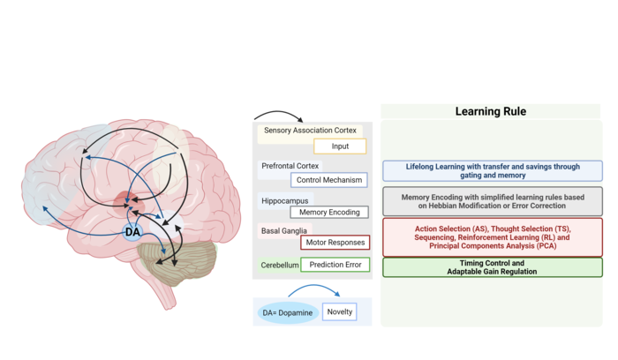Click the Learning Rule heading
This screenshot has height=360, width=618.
(x=490, y=111)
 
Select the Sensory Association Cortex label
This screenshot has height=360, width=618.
(x=310, y=131)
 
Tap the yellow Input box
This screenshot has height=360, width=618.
(x=340, y=146)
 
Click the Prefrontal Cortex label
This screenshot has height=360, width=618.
(x=290, y=166)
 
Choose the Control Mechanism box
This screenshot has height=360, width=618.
(x=329, y=180)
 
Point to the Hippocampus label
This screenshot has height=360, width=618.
(x=285, y=200)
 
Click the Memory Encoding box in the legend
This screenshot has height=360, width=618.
(x=329, y=213)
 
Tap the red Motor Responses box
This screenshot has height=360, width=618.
(x=335, y=243)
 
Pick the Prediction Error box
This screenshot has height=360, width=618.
(x=335, y=265)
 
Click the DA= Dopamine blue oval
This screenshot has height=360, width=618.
(x=288, y=312)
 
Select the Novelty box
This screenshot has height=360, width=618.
(x=340, y=311)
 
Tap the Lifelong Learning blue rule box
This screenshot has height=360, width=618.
(x=493, y=171)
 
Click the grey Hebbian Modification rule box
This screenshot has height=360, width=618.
(x=493, y=201)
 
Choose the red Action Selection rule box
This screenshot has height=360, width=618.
(x=493, y=237)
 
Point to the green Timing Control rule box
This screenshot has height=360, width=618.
(x=493, y=267)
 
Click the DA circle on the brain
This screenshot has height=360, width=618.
(x=132, y=232)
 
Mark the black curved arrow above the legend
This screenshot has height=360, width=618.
(x=278, y=116)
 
